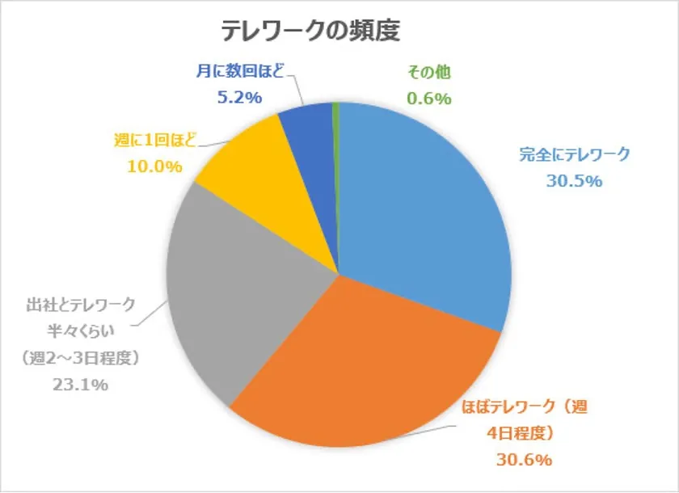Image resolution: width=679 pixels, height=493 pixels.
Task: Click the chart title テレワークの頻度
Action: [x=310, y=31]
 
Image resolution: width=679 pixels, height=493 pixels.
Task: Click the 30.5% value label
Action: [x=574, y=181]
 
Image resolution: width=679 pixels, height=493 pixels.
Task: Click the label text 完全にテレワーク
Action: [x=574, y=154]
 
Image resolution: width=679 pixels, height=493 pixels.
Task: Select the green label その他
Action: [x=428, y=72]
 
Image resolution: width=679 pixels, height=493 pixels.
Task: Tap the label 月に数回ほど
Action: [x=240, y=72]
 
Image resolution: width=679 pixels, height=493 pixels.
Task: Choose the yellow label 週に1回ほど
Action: [x=154, y=141]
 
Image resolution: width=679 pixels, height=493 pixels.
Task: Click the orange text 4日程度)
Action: [x=521, y=433]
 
